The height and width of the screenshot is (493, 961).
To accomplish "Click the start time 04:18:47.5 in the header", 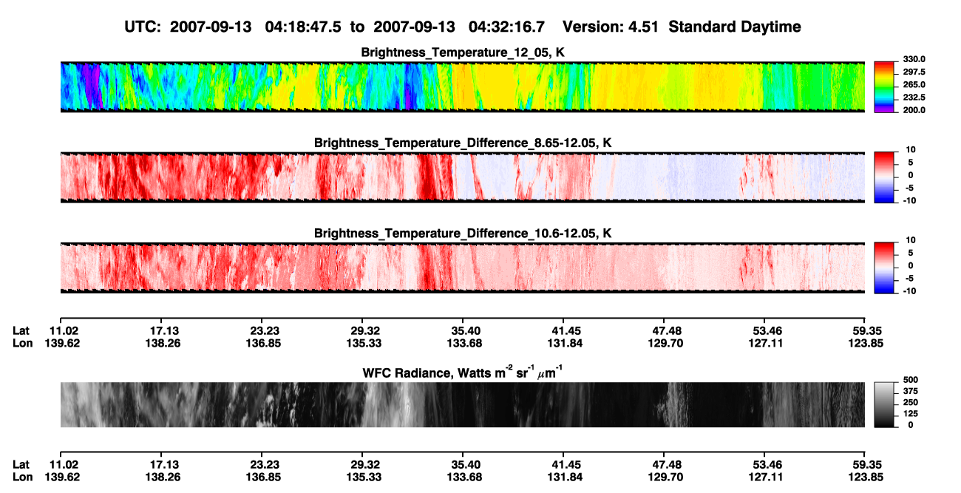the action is (x=303, y=27).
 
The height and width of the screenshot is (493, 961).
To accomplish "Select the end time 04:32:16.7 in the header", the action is (x=506, y=27).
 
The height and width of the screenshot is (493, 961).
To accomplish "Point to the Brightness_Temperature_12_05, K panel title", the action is (x=463, y=52).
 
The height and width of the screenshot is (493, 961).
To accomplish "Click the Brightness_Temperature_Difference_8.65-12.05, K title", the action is (x=463, y=143).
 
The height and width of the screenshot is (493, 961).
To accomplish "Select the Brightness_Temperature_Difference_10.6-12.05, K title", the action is (x=463, y=234).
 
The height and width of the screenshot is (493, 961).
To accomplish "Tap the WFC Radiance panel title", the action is (x=463, y=373).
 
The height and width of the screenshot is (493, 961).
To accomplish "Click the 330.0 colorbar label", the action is (x=914, y=59).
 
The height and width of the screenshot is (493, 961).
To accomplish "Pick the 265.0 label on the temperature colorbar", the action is (x=914, y=84).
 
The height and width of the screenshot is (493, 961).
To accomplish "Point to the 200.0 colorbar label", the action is (x=914, y=110).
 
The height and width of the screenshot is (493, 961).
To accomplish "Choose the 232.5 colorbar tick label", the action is (x=914, y=98).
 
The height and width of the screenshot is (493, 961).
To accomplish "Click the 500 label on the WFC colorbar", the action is (x=911, y=380).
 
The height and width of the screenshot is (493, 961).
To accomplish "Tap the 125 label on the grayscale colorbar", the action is (x=911, y=414).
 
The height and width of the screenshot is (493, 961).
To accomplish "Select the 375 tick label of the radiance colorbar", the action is (x=911, y=391).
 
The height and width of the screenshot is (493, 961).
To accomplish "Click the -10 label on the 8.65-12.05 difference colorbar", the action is (x=909, y=200).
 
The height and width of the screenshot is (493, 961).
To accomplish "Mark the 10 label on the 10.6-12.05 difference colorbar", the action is (x=911, y=240).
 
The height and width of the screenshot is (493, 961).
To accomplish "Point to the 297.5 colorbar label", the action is (x=914, y=72).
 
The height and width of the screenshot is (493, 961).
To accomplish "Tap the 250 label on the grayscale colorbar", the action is (x=911, y=402).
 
